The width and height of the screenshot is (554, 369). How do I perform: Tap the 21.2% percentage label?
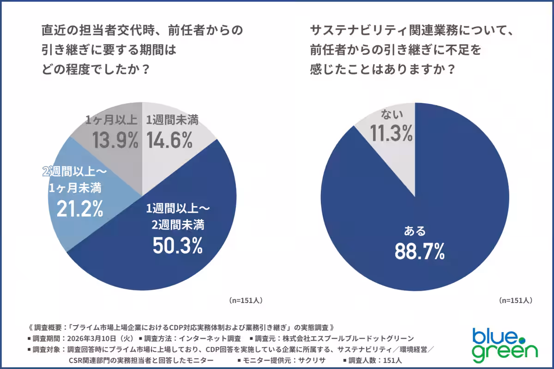[x=79, y=208]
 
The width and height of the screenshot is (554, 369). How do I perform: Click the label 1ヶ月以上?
[x=111, y=120]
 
